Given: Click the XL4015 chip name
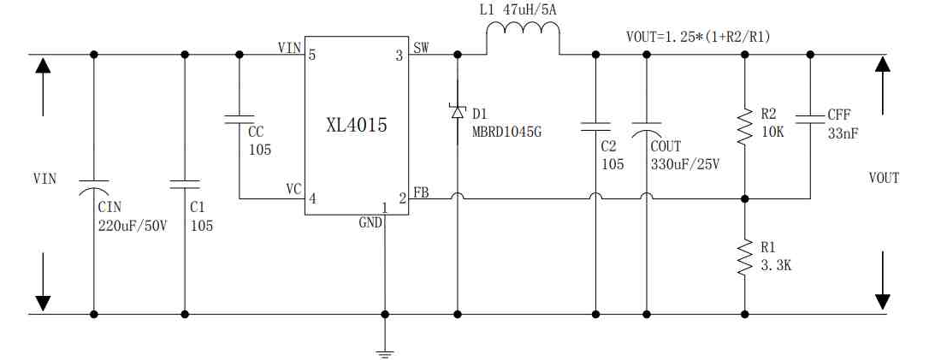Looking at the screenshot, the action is click(357, 126).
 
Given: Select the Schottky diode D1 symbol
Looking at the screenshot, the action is click(457, 112).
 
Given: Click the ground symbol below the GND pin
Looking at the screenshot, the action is click(385, 353).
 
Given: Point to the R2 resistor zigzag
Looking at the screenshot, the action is click(744, 126).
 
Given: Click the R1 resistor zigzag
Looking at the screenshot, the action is click(744, 258).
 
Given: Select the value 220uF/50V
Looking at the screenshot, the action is click(133, 226).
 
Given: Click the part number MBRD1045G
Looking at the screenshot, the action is click(506, 131).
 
